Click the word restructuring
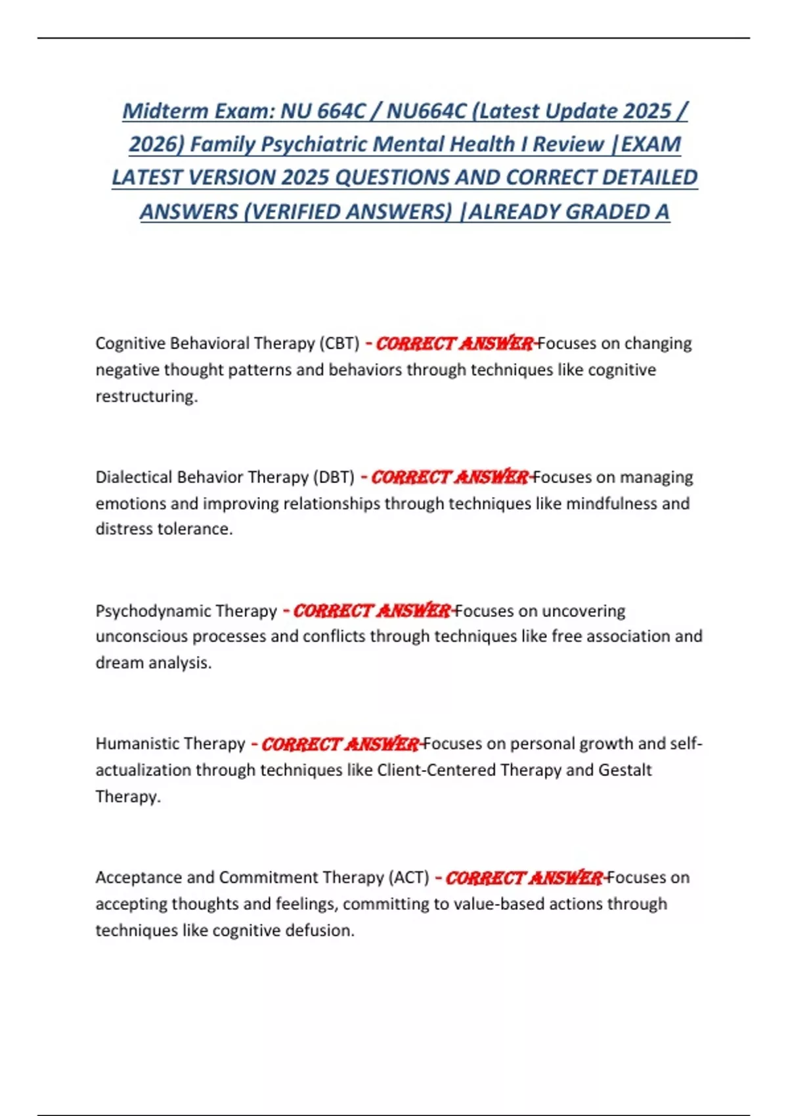coord(146,397)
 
